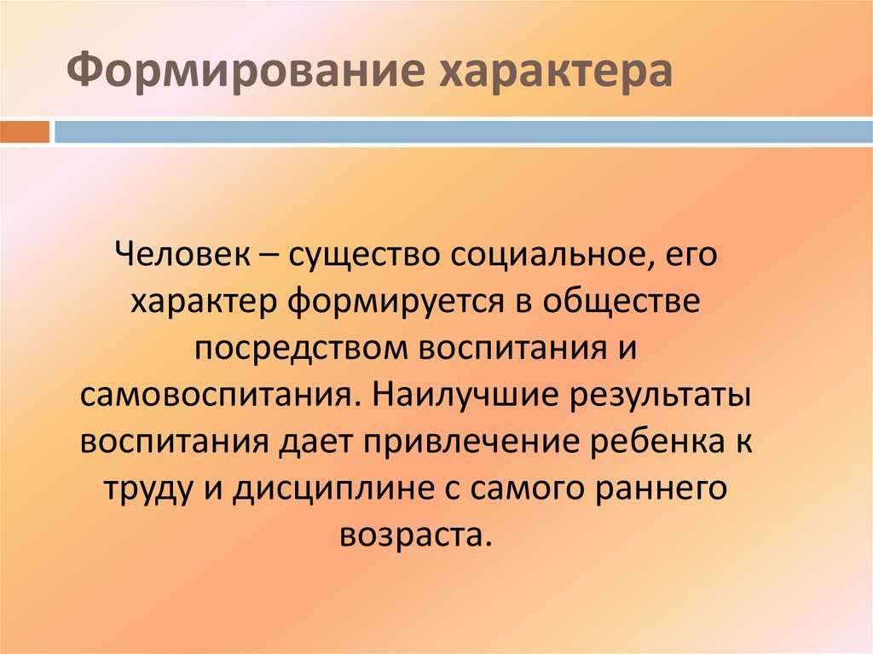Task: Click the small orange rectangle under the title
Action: point(25,132)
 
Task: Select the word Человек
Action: point(182,255)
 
